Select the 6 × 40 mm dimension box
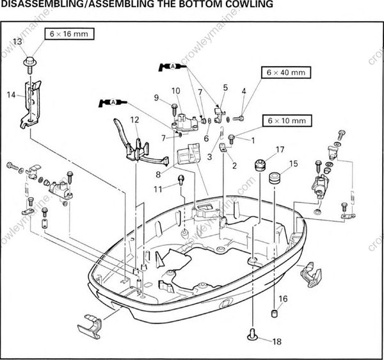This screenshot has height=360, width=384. click(285, 72)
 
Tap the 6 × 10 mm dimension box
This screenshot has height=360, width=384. click(285, 120)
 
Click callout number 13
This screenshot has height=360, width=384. click(17, 41)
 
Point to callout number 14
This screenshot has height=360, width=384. click(10, 95)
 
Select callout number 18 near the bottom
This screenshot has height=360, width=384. click(276, 341)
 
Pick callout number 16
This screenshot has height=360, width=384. click(283, 299)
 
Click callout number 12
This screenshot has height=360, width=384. click(134, 120)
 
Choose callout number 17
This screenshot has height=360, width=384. click(280, 150)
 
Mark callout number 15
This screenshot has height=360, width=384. click(294, 164)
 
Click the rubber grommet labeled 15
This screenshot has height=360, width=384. click(276, 177)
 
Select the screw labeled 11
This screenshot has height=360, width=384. click(181, 180)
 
